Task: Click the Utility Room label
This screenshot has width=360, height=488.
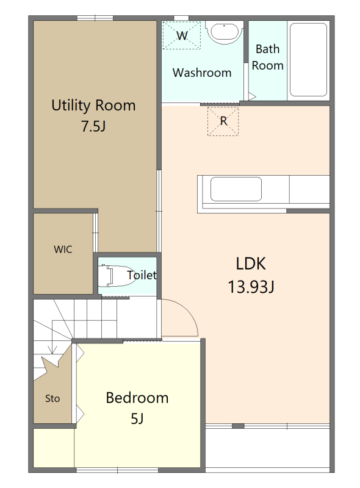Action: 93,106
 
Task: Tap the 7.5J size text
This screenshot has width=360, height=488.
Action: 93,126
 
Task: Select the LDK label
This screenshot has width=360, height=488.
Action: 251,264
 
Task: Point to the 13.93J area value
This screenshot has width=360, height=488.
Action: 251,287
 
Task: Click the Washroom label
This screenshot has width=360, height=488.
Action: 202,73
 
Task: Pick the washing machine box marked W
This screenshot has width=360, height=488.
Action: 182,35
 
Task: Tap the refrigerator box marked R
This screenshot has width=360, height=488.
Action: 223,121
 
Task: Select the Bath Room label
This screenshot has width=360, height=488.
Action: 267,57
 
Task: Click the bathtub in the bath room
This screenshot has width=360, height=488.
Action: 308,60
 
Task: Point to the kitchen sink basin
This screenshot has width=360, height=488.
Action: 236,189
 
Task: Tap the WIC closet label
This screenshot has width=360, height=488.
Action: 63,249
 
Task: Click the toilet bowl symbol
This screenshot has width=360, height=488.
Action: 115,276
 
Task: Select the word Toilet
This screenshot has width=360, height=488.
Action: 142,275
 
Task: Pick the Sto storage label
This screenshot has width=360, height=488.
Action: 52,398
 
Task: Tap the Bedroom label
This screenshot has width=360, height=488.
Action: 137,398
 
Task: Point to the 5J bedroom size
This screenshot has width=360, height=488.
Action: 137,418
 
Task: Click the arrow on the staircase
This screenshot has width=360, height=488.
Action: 53,350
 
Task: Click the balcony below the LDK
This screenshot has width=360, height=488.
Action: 267,448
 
